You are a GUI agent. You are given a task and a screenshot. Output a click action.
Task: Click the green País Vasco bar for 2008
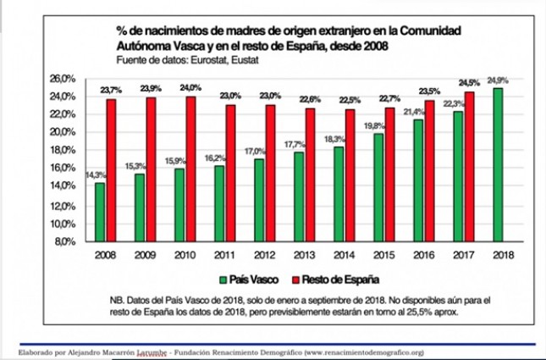(100, 212)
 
